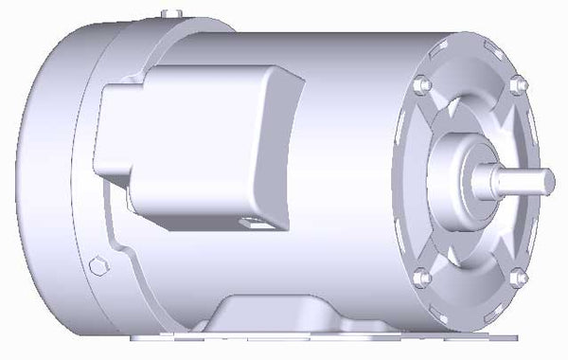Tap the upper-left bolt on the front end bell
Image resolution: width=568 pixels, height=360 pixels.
pyautogui.click(x=423, y=84)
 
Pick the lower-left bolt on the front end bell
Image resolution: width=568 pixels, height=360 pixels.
pyautogui.click(x=422, y=278)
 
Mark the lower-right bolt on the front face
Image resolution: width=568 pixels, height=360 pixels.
pyautogui.click(x=517, y=279)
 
